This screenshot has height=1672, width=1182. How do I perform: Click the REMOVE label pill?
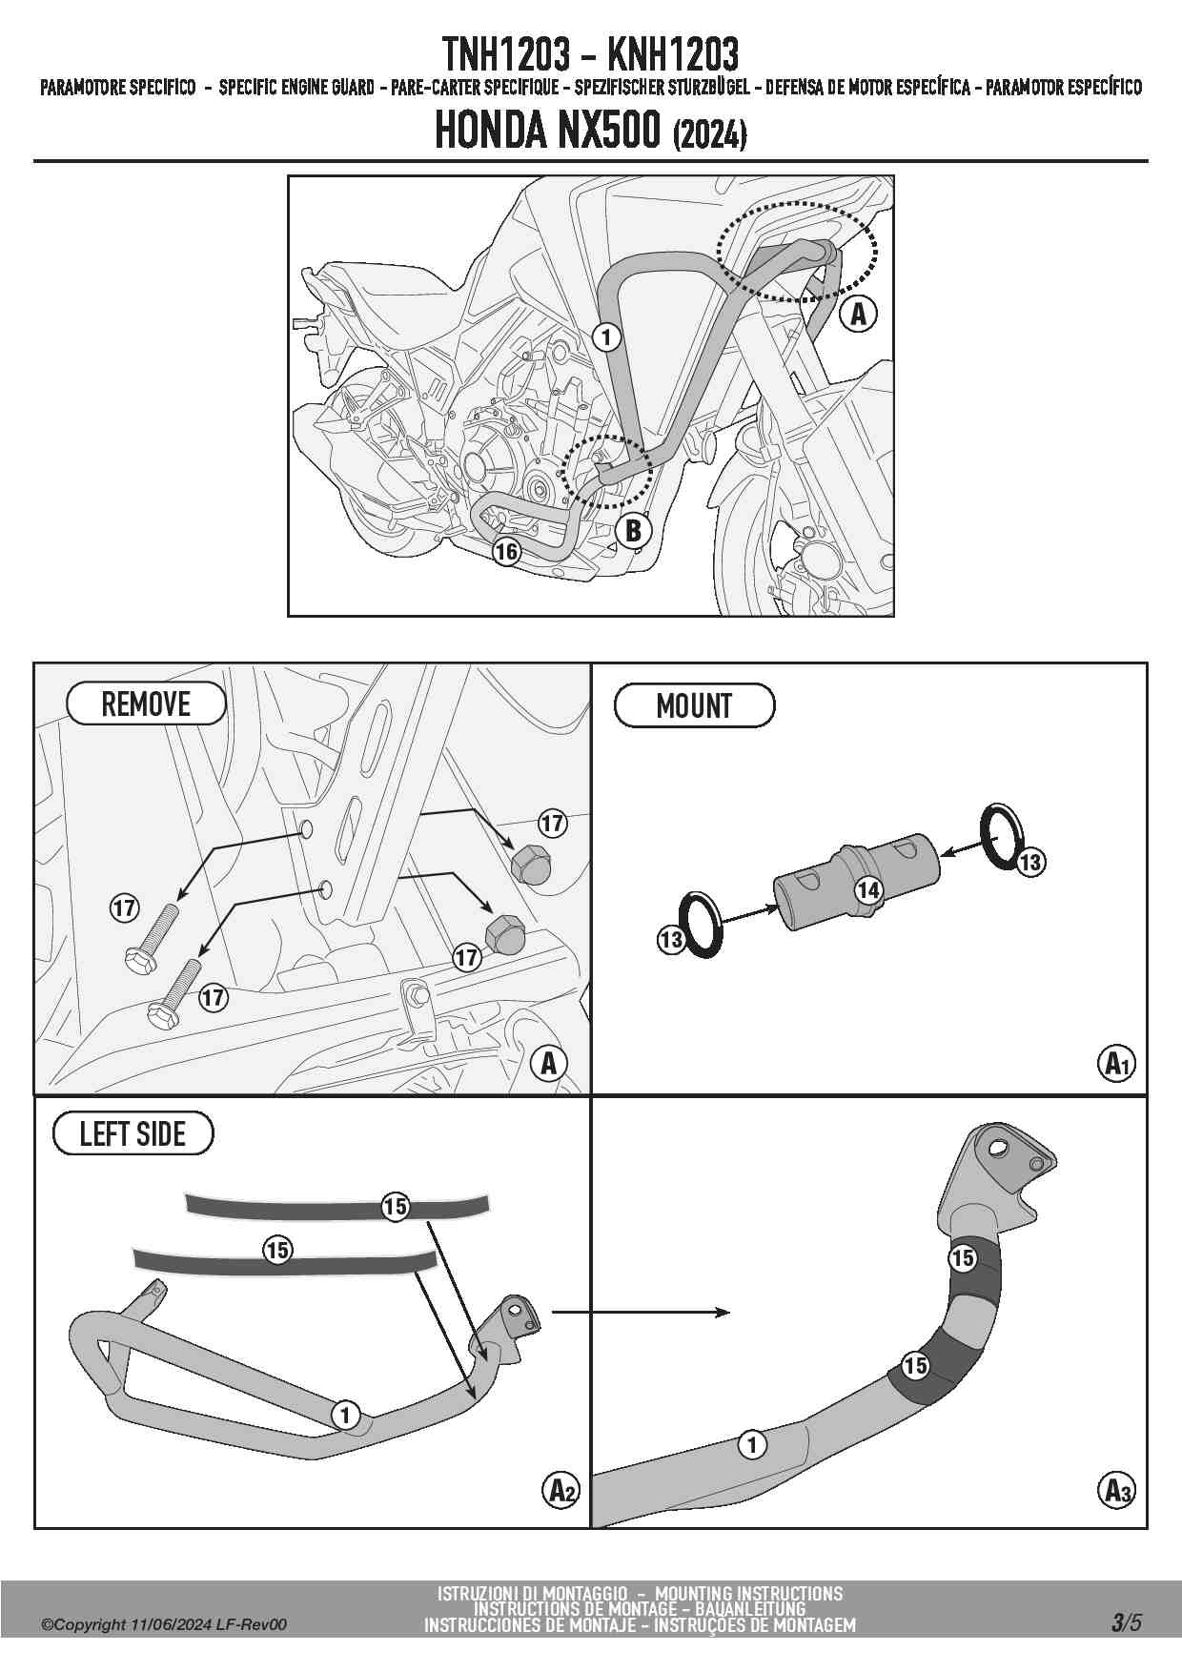(x=146, y=704)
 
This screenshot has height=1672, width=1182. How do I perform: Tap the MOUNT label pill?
(x=694, y=706)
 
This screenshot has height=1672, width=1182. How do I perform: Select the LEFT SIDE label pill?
(x=132, y=1134)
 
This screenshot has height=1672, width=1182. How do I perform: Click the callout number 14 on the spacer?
(x=867, y=890)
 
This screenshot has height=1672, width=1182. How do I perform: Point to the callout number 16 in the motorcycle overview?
(x=506, y=551)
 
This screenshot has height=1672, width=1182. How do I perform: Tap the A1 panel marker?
(x=1116, y=1062)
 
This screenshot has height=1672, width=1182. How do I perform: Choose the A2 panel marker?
(x=561, y=1489)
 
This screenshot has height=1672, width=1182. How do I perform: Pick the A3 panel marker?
(x=1116, y=1489)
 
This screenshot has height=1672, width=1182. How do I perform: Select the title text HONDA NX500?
(x=547, y=133)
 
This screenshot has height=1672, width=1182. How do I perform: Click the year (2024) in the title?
(x=709, y=136)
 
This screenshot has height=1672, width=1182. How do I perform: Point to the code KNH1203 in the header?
(x=672, y=55)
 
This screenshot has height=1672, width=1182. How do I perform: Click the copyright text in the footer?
(x=163, y=1625)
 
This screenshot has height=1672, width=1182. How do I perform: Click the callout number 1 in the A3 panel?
(x=752, y=1445)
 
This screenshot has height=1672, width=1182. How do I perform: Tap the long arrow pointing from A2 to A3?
(x=641, y=1313)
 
